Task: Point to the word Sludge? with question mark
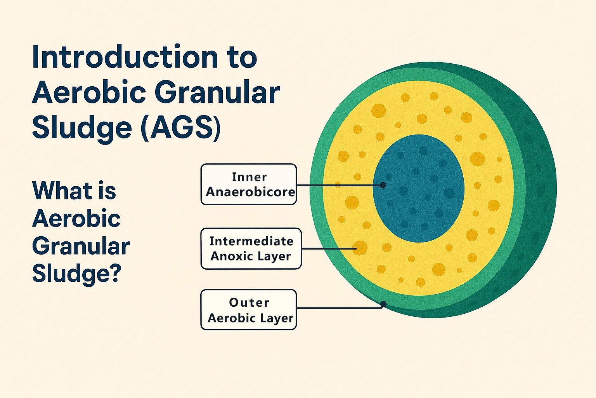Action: pos(76,274)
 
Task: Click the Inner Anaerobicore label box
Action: pos(248,184)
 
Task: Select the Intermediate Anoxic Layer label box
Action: pos(251,248)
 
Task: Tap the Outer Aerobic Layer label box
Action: pos(248,310)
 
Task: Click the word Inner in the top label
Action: pos(249,177)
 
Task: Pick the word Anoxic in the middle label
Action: pos(230,256)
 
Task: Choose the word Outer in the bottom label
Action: pos(249,302)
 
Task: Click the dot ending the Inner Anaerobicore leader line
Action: pos(383,185)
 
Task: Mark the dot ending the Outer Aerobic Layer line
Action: pos(383,304)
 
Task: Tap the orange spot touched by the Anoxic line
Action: pos(360,248)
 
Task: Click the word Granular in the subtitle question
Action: pos(81,246)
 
